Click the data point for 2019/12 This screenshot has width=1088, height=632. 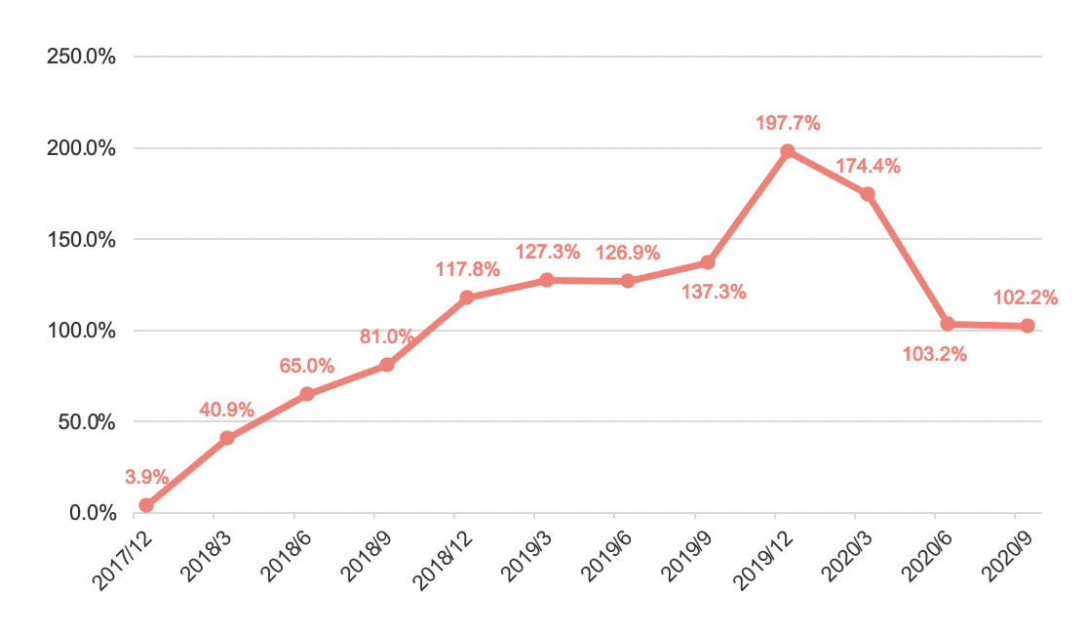click(788, 152)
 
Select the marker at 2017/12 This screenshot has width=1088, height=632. click(146, 505)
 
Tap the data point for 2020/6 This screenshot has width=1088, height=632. click(948, 324)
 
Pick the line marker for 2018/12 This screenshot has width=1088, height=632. click(467, 297)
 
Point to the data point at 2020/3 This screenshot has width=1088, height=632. click(868, 194)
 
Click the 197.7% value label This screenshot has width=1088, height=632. click(788, 124)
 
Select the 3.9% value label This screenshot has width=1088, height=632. click(147, 478)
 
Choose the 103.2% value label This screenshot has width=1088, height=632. click(935, 355)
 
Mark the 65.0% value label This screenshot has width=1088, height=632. click(307, 367)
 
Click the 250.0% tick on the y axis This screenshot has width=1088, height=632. click(82, 57)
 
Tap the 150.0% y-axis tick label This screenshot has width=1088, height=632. click(82, 240)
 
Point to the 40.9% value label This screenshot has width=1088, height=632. click(227, 410)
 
